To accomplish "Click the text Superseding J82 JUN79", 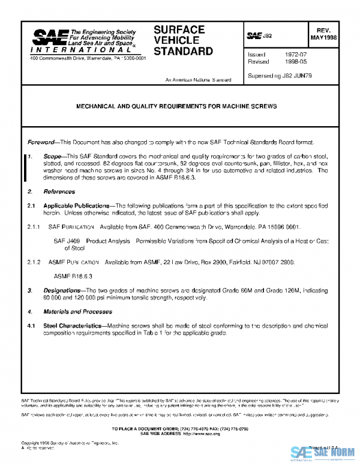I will click(x=279, y=76).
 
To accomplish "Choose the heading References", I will click(x=59, y=192).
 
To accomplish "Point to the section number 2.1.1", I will click(x=32, y=226).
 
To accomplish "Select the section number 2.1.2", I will click(x=32, y=262).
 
